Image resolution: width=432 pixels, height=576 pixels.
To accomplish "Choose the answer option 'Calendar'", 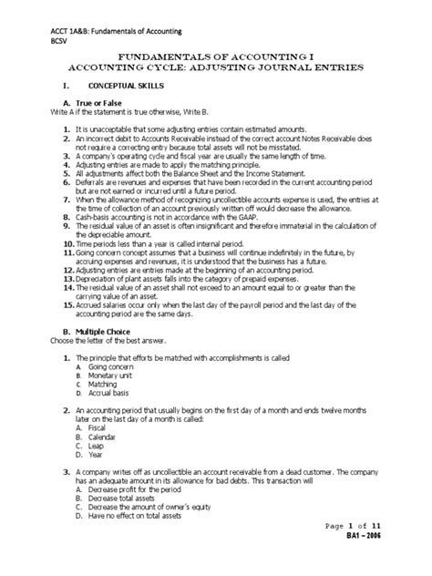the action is pos(104,437).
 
